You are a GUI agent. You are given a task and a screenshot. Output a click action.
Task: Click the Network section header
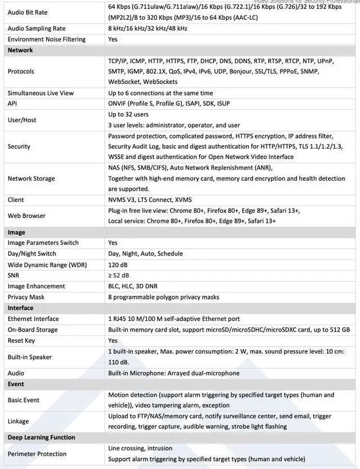click(x=20, y=50)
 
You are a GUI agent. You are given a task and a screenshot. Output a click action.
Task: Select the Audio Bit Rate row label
click(x=28, y=12)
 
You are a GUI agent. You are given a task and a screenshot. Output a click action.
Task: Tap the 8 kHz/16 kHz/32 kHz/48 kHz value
click(x=148, y=28)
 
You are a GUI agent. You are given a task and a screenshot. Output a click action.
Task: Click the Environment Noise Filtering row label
click(x=47, y=39)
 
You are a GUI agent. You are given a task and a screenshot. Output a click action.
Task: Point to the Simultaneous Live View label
click(x=40, y=93)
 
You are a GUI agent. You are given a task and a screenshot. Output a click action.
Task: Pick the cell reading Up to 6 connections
click(x=160, y=93)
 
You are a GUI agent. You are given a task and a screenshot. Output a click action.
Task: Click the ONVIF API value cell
click(x=169, y=104)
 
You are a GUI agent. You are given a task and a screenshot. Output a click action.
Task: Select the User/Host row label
click(x=22, y=120)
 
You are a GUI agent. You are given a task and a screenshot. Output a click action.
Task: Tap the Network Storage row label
click(x=31, y=178)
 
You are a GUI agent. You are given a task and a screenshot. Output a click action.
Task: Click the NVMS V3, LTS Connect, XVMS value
click(x=150, y=200)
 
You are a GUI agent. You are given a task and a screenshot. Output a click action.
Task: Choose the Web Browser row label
click(x=26, y=216)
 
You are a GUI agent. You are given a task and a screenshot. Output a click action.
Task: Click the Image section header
click(x=16, y=232)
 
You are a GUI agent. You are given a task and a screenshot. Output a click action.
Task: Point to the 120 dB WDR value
click(x=118, y=265)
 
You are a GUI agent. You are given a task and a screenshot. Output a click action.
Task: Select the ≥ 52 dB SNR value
click(x=119, y=275)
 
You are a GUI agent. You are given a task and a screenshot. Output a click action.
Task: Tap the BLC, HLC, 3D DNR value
click(x=134, y=286)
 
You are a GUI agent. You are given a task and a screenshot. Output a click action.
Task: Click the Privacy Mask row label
click(x=26, y=297)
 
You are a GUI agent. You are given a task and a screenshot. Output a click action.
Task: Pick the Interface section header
click(x=20, y=308)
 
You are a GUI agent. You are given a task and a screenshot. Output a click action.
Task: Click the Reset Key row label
click(x=21, y=341)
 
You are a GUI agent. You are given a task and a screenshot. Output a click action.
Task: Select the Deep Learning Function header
click(x=41, y=437)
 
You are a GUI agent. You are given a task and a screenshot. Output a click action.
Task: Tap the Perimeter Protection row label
click(x=37, y=454)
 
